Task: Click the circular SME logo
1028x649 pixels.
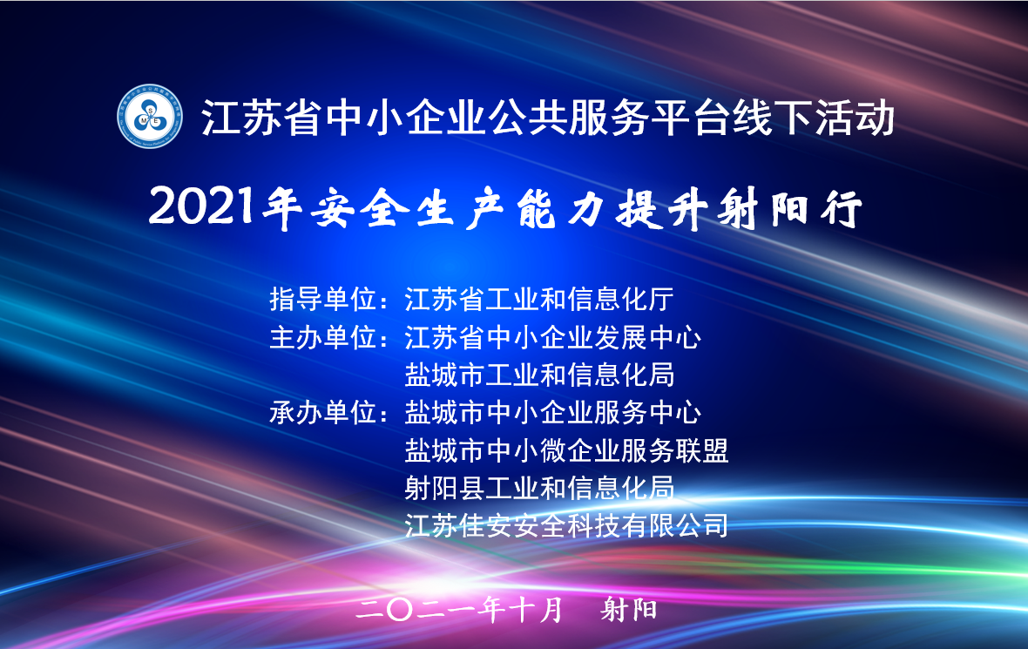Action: [150, 116]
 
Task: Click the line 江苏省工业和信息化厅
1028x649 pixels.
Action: [539, 300]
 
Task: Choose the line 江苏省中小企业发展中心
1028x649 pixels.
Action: [552, 337]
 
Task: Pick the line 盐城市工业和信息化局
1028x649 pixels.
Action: [539, 375]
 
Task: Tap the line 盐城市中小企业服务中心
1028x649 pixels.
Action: [552, 412]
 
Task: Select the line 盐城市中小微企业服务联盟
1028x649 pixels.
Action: [566, 450]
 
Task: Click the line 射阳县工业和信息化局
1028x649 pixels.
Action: [539, 488]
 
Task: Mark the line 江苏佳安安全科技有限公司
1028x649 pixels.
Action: [566, 525]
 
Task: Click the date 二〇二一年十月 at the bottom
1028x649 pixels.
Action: [460, 610]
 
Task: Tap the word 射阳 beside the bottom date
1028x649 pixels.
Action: [629, 610]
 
